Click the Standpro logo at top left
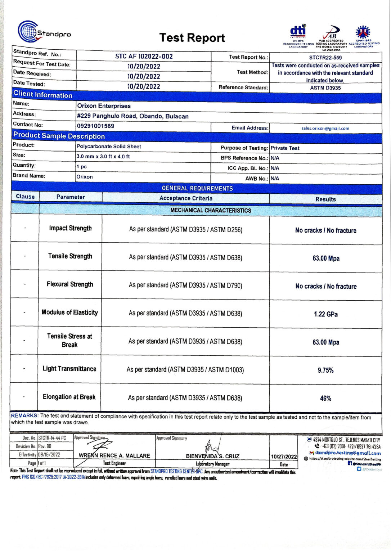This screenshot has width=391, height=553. [44, 33]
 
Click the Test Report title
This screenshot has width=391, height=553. [192, 38]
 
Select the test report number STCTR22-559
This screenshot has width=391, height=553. [325, 58]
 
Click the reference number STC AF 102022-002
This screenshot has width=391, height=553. [144, 57]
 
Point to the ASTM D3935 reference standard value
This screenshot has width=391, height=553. [325, 88]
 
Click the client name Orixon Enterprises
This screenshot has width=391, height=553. [104, 106]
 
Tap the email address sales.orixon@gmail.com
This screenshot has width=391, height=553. [325, 129]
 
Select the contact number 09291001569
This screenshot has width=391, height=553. [95, 126]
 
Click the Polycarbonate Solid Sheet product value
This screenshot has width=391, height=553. [109, 147]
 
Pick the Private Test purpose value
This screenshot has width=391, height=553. [285, 148]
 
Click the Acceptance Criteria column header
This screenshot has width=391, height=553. [186, 198]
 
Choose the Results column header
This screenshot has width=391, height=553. [325, 199]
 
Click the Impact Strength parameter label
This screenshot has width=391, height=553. [70, 228]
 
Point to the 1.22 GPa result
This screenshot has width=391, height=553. [325, 314]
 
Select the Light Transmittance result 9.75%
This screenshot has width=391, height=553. [325, 370]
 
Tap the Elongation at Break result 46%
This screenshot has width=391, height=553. [325, 399]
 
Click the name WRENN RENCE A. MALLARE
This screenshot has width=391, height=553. [114, 456]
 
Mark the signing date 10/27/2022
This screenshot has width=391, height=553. [284, 457]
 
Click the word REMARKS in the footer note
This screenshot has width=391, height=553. [24, 416]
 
